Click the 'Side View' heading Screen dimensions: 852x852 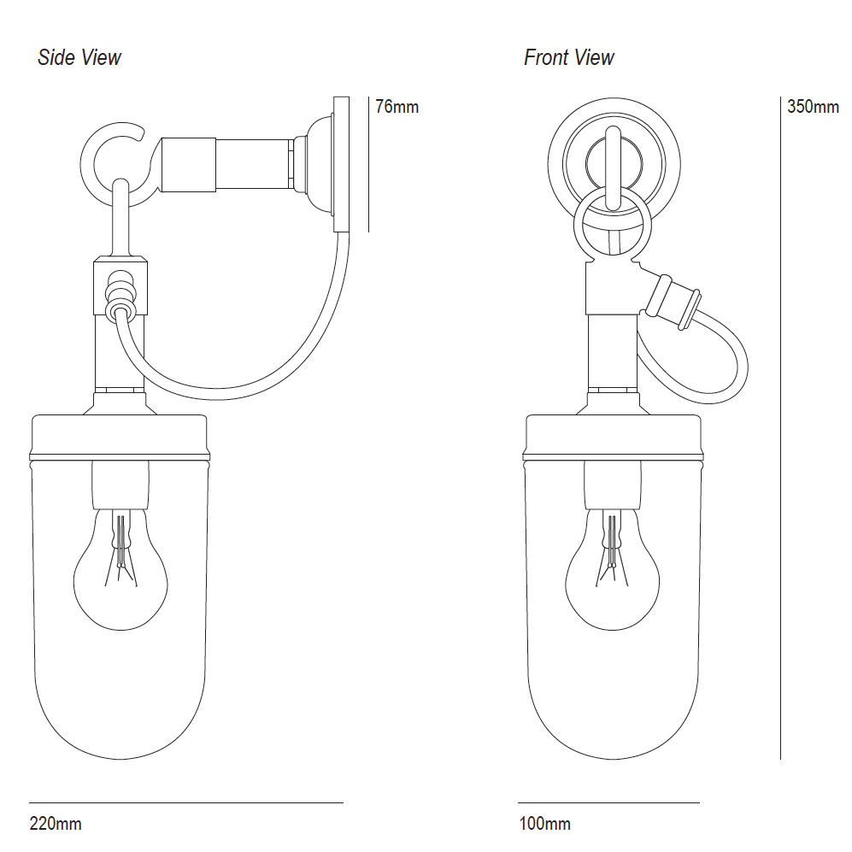(x=79, y=58)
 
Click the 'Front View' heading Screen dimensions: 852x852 (x=568, y=58)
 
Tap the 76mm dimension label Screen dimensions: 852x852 (x=397, y=108)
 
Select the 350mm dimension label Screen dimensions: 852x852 (x=813, y=108)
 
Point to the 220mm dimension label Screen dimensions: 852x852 (x=56, y=824)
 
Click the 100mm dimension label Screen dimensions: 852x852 (x=544, y=824)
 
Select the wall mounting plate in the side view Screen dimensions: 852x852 (x=342, y=162)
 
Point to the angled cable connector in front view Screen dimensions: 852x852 (x=673, y=299)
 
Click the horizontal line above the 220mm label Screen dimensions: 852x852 (x=186, y=802)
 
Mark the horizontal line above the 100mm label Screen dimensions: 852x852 (x=608, y=802)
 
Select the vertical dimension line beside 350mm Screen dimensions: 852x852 (x=781, y=427)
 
